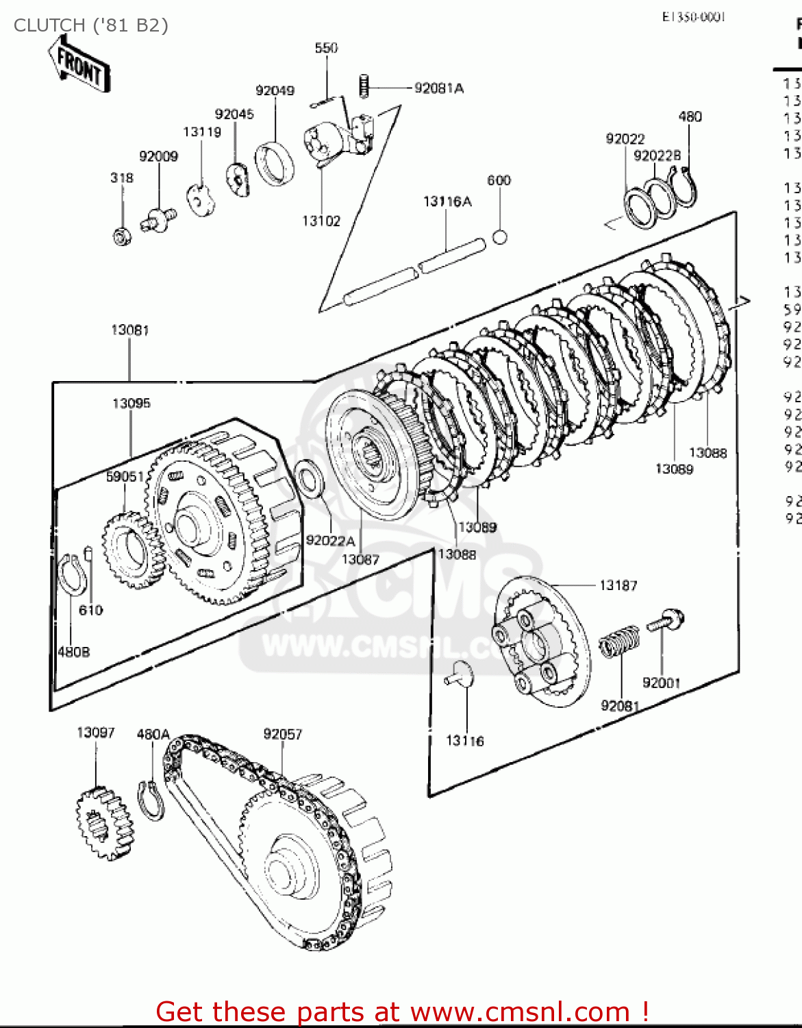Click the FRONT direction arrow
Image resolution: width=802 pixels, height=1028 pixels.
[79, 64]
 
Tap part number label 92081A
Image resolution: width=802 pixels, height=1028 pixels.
[438, 88]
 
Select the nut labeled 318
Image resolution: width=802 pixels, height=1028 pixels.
[123, 236]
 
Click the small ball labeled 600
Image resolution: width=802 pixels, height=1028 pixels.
[500, 237]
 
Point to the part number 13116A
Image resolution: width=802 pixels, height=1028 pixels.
[447, 201]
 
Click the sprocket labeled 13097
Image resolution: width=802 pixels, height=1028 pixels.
[105, 822]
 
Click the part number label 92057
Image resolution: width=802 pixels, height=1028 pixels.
[282, 734]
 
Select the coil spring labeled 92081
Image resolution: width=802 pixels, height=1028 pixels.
[620, 642]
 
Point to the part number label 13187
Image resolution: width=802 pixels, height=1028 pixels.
[618, 585]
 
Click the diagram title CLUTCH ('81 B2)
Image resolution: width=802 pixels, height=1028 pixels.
[91, 25]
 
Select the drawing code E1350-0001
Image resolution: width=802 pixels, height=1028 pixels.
[693, 17]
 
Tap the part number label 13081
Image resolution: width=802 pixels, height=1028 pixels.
[130, 330]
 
